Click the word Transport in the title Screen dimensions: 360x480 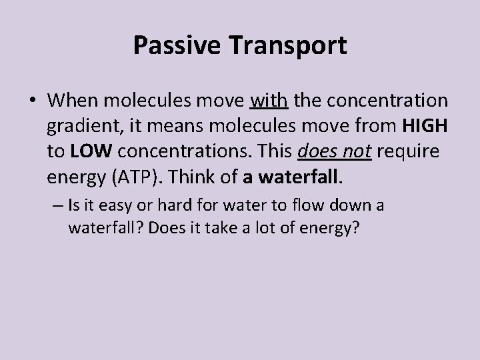(x=288, y=45)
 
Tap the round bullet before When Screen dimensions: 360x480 (x=33, y=102)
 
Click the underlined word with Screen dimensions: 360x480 (x=269, y=101)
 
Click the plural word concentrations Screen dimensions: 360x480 (x=174, y=151)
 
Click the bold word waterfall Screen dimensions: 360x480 (x=309, y=177)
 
